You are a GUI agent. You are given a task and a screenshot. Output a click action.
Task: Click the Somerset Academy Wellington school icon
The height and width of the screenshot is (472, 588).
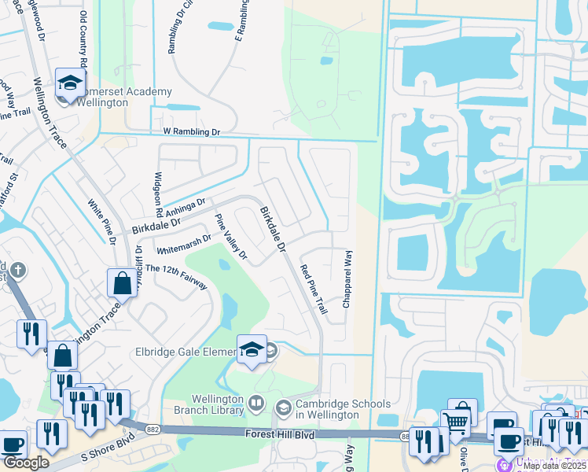pyautogui.click(x=70, y=82)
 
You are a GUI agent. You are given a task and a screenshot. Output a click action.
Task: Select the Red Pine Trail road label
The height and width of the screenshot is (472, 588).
pyautogui.click(x=314, y=290)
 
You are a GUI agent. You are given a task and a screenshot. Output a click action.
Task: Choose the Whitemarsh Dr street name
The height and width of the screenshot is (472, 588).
pyautogui.click(x=184, y=243)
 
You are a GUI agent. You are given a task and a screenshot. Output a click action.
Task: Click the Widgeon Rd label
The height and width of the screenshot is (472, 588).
pyautogui.click(x=159, y=194)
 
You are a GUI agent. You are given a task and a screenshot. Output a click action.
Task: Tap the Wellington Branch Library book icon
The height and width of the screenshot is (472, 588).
pyautogui.click(x=256, y=404)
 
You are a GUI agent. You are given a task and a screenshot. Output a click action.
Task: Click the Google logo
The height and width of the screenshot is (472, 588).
pyautogui.click(x=26, y=463)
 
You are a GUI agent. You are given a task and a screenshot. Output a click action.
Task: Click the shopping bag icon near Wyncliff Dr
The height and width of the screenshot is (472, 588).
pyautogui.click(x=123, y=282)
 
